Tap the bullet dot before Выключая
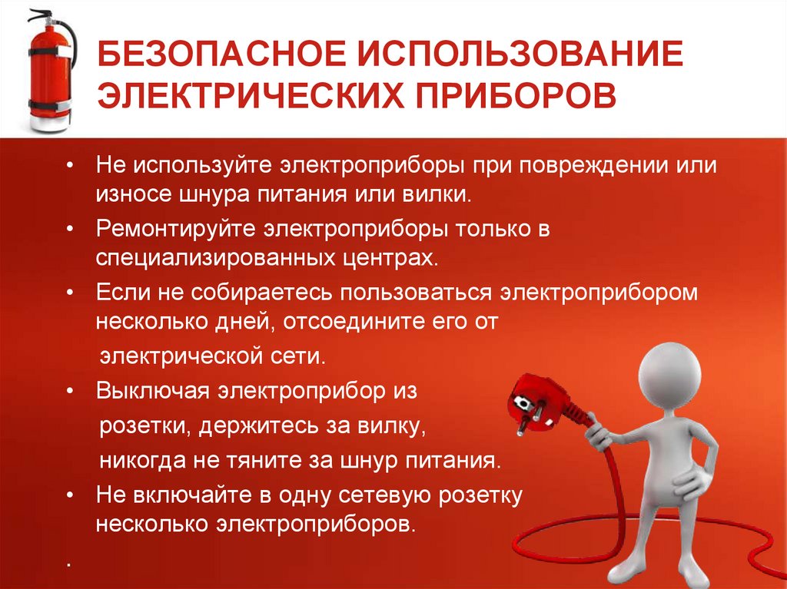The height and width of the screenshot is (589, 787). tap(70, 391)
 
